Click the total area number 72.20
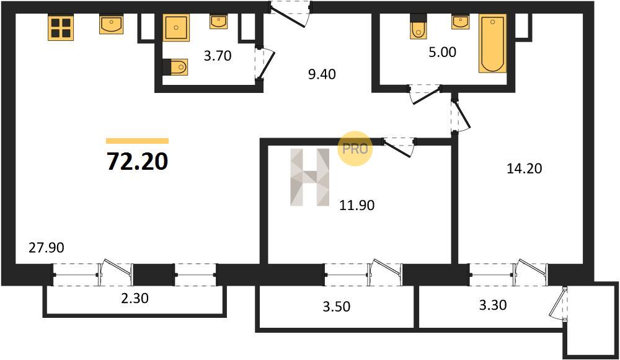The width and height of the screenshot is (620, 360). click(x=138, y=161)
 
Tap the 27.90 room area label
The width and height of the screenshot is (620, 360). click(x=46, y=248)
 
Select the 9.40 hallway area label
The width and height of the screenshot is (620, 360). click(x=322, y=74)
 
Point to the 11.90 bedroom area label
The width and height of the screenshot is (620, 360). click(x=357, y=205)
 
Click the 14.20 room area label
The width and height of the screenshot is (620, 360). click(x=525, y=169)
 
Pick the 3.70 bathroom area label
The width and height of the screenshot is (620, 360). click(x=218, y=56)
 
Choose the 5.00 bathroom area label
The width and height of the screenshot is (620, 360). click(x=443, y=52)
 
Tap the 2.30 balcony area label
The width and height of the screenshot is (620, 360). click(x=135, y=298)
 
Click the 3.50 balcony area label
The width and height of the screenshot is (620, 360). click(x=337, y=306)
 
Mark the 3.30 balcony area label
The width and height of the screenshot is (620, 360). click(x=493, y=305)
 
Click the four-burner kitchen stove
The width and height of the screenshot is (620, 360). click(x=61, y=27)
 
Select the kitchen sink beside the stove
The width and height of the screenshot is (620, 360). click(x=111, y=25)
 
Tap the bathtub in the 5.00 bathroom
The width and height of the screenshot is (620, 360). click(x=493, y=43)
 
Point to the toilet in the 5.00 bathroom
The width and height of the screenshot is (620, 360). click(x=418, y=27)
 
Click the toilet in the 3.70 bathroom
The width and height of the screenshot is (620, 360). click(x=175, y=67)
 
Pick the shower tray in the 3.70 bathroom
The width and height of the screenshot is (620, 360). click(x=176, y=28)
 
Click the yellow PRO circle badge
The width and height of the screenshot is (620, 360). click(x=355, y=149)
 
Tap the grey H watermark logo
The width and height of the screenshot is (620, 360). click(x=310, y=177)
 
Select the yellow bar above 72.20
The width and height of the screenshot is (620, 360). click(x=137, y=141)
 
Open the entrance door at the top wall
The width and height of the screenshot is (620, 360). click(x=290, y=14)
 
